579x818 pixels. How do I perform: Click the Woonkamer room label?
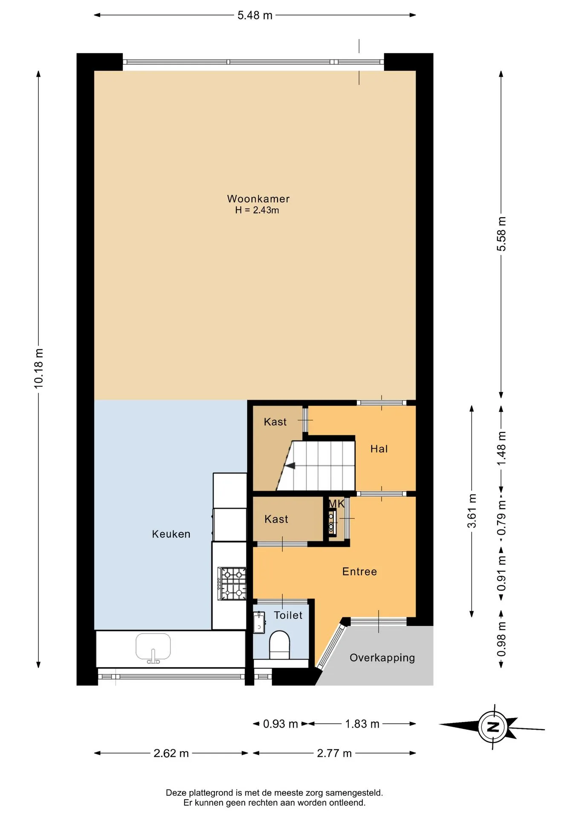point(258,199)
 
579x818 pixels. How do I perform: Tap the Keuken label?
point(171,534)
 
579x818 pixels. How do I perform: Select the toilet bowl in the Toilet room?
point(280,644)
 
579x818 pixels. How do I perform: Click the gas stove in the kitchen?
point(232,584)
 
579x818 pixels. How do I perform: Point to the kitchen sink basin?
point(153,647)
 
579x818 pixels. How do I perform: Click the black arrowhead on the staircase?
point(290,466)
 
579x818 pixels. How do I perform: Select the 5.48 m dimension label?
point(255,15)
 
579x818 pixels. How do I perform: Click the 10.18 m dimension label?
point(38,369)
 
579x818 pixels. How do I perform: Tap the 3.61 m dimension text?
point(472,511)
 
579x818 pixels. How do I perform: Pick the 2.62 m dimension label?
point(171,753)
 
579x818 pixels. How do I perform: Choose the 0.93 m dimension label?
point(281,724)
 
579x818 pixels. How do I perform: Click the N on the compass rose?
point(493,727)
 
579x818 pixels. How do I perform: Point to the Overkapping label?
point(382,658)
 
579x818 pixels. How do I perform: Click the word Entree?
point(359,572)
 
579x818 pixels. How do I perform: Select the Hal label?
point(379,449)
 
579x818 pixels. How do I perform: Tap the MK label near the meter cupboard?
point(336,504)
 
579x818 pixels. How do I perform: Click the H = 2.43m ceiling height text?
point(257,210)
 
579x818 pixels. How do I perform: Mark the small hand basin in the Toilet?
point(259,622)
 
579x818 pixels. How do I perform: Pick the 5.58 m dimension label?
point(501,234)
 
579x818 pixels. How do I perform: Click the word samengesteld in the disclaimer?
point(354,793)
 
